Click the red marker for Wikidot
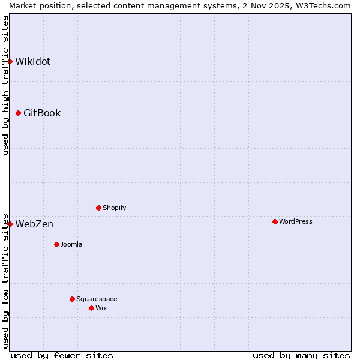point(10,61)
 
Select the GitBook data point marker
point(19,113)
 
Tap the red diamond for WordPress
point(275,221)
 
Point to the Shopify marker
point(98,208)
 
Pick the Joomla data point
point(56,244)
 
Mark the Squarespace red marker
point(72,299)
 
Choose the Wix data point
point(91,308)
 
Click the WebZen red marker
point(10,224)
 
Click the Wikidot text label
point(33,61)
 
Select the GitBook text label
point(42,113)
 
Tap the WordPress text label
point(296,221)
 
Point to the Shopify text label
point(115,208)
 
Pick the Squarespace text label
point(97,299)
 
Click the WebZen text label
point(34,224)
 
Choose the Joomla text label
point(71,244)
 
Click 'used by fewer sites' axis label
point(62,355)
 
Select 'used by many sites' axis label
point(301,355)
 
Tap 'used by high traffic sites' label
point(5,85)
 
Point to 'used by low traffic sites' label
point(5,280)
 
